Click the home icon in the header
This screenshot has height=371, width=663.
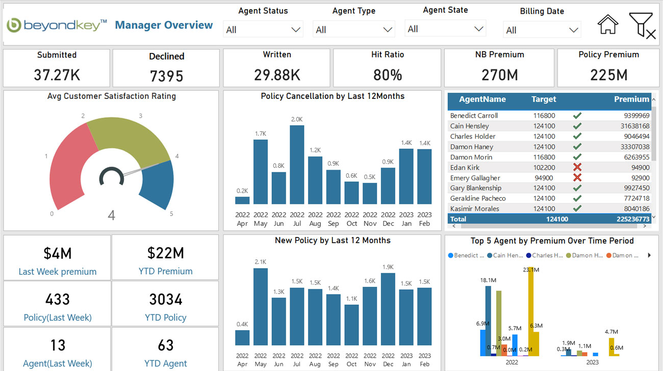coord(607,24)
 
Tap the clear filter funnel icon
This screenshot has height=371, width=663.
coord(642,25)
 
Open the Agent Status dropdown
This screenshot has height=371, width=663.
coord(263,30)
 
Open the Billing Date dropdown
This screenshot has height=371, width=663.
coord(542,30)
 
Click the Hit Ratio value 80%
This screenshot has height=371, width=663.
coord(388,75)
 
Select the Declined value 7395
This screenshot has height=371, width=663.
coord(166,76)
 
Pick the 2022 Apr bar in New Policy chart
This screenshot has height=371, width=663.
coord(242,337)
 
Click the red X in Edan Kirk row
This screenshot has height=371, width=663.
coord(577,167)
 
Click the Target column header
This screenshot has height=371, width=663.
coord(544,99)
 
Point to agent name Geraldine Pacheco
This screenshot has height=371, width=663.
coord(478,198)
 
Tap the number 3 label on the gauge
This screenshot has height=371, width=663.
coord(140,116)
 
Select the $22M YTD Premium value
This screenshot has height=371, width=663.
coord(166,253)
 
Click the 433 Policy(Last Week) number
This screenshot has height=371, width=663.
coord(58,299)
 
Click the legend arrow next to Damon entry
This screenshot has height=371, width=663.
coord(649,255)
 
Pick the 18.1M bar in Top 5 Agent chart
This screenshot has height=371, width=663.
coord(488,321)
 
